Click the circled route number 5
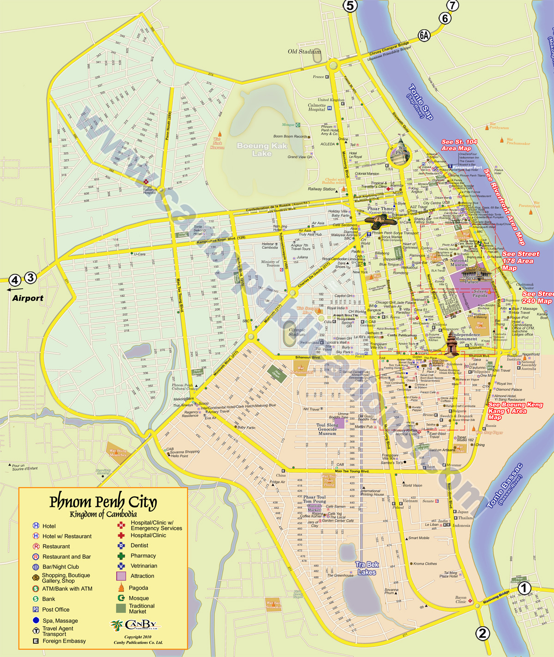350,6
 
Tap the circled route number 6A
424,35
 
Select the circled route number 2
482,633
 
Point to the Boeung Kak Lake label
262,149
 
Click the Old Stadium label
304,52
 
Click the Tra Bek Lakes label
367,568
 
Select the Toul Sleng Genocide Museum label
327,429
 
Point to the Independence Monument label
466,337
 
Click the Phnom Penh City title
103,501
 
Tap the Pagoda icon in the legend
121,587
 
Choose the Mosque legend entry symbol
121,598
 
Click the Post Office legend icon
36,609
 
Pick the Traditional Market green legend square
121,609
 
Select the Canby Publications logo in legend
137,625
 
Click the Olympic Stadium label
297,332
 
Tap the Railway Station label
322,189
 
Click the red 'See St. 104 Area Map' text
459,145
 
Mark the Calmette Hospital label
317,107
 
